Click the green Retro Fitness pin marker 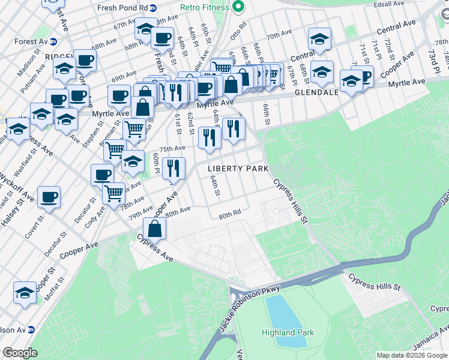coord(238,7)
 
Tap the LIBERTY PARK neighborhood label coord(238,169)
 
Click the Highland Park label coord(287,332)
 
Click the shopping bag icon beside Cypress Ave coord(155,229)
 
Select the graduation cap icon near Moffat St coord(25,293)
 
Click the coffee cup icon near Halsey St coord(49,197)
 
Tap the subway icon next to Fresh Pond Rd coord(153,8)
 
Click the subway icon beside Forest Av coord(53,42)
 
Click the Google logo coord(20,353)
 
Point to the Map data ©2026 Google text coord(412,355)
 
